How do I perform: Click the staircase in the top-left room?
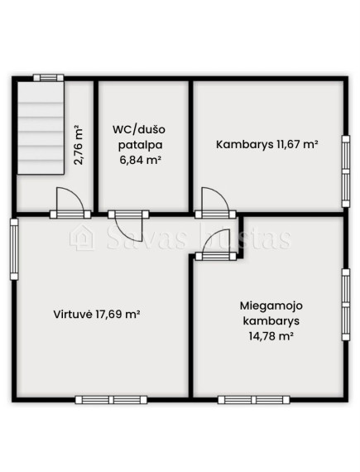pyautogui.click(x=41, y=128)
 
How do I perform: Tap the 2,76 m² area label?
pyautogui.click(x=79, y=145)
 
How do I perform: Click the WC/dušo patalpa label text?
pyautogui.click(x=139, y=145)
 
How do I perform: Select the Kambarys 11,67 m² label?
pyautogui.click(x=267, y=144)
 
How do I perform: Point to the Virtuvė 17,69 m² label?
pyautogui.click(x=97, y=315)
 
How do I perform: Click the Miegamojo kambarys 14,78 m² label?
pyautogui.click(x=271, y=320)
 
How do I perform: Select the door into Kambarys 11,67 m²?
pyautogui.click(x=215, y=203)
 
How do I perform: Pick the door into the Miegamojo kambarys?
pyautogui.click(x=216, y=244)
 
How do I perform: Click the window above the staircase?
pyautogui.click(x=49, y=78)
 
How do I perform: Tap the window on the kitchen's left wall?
pyautogui.click(x=14, y=249)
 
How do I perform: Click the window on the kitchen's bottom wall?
pyautogui.click(x=111, y=400)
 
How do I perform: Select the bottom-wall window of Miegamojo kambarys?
pyautogui.click(x=254, y=400)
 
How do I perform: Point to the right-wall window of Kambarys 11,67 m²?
pyautogui.click(x=346, y=171)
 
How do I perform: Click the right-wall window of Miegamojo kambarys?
pyautogui.click(x=346, y=305)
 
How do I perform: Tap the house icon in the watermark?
pyautogui.click(x=81, y=238)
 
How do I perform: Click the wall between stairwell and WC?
pyautogui.click(x=96, y=147)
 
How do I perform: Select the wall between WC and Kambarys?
pyautogui.click(x=190, y=147)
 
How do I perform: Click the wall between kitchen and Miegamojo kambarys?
pyautogui.click(x=190, y=326)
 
